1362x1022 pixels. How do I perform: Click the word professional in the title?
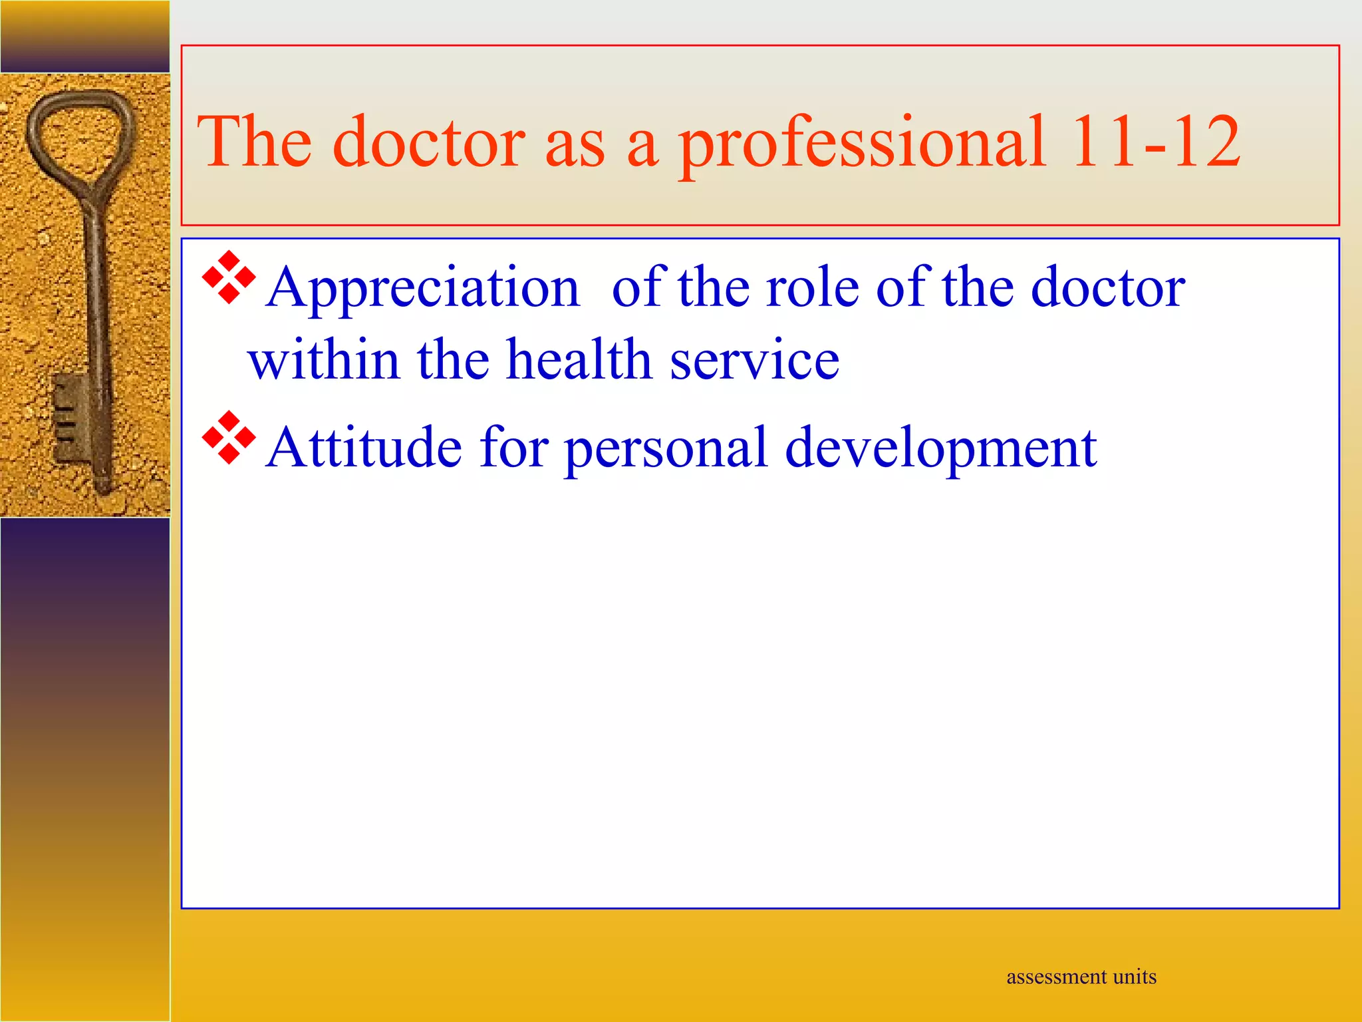[x=861, y=142]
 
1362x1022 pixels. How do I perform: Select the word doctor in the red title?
[x=429, y=141]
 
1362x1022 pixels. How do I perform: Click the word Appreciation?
[x=423, y=288]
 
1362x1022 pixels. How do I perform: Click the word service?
[x=754, y=361]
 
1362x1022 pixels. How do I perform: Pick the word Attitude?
[x=364, y=447]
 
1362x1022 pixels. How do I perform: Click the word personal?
[x=666, y=448]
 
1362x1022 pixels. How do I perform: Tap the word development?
[x=940, y=448]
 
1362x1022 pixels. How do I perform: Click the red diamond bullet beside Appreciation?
[x=229, y=277]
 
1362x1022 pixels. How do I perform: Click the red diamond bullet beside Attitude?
[x=229, y=438]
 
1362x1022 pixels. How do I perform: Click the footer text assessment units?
[x=1081, y=977]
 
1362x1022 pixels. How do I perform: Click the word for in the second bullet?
[x=513, y=447]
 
